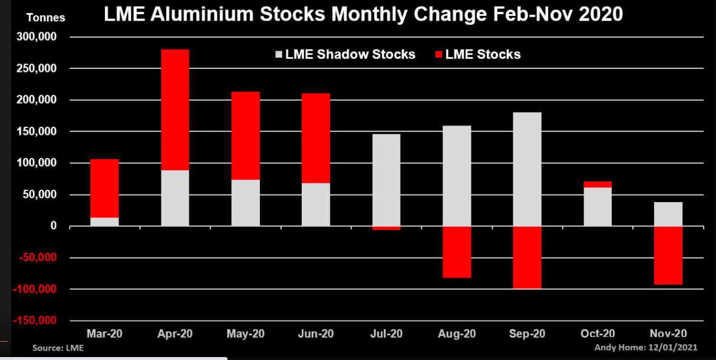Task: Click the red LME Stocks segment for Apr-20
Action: [x=175, y=110]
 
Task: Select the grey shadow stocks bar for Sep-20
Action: [x=527, y=169]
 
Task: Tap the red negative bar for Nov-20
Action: [x=668, y=255]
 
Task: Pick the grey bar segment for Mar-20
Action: [x=104, y=222]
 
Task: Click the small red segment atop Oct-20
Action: [x=598, y=184]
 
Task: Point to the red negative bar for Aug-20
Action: [x=457, y=252]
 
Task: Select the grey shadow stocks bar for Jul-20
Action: [x=386, y=180]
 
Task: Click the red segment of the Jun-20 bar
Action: [x=316, y=138]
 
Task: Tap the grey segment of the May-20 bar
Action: [x=246, y=203]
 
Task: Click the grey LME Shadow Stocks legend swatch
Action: [x=279, y=55]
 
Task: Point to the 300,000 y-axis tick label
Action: [x=47, y=37]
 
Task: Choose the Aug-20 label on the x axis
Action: [x=457, y=333]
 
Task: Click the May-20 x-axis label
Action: [x=246, y=333]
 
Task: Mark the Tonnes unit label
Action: [x=46, y=18]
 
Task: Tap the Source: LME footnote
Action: [x=58, y=348]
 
